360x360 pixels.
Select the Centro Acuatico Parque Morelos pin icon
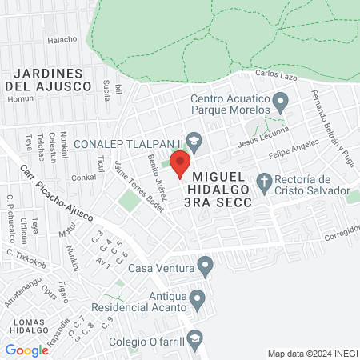[x=280, y=102]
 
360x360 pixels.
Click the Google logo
[x=26, y=350]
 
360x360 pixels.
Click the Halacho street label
[x=62, y=38]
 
